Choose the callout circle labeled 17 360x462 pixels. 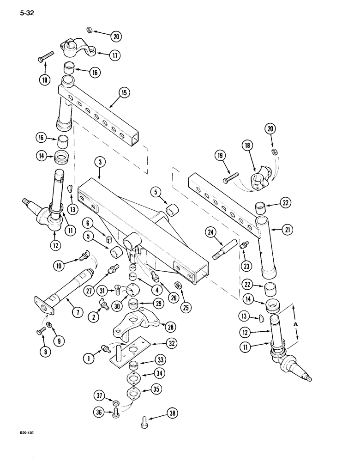[x=115, y=55]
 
